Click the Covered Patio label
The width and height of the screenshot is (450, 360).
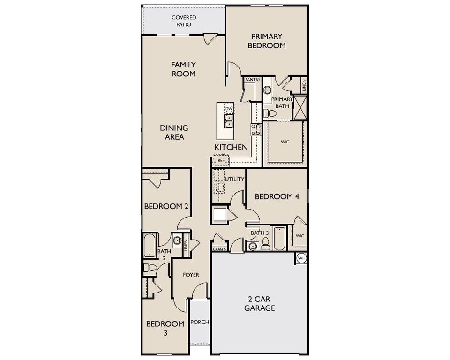184,21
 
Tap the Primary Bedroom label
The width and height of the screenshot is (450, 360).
266,41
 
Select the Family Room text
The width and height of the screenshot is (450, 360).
183,69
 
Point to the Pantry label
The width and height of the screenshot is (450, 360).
252,80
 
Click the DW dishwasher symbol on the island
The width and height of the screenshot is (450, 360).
229,109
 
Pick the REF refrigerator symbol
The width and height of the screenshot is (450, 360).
221,160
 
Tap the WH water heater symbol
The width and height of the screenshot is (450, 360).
301,258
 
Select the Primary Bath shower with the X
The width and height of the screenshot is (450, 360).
300,107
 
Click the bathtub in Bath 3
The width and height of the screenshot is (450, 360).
279,238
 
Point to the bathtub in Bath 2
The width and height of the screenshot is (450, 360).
150,245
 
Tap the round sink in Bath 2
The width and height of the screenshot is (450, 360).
177,241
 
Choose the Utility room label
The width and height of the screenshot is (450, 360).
234,180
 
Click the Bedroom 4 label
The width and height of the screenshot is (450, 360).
277,197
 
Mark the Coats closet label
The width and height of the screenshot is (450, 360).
219,249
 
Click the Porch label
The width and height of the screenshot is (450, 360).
200,322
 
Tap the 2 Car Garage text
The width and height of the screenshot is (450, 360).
261,304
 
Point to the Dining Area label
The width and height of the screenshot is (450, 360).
174,132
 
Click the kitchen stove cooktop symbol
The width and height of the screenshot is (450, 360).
256,129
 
